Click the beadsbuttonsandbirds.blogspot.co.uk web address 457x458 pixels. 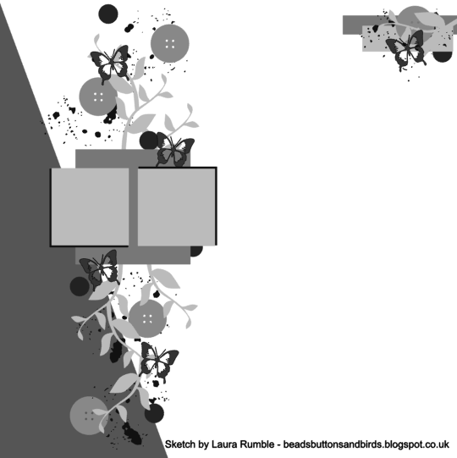click(x=366, y=444)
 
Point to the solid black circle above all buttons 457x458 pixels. click(x=108, y=14)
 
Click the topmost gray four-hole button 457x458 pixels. click(x=169, y=43)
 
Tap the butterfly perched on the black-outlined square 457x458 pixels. click(x=174, y=150)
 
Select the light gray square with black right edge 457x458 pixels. click(x=177, y=207)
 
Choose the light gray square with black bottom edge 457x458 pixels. click(x=90, y=207)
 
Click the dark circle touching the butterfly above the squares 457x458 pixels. click(x=148, y=140)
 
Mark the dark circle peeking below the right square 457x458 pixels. click(x=196, y=251)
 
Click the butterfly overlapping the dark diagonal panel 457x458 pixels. click(x=100, y=269)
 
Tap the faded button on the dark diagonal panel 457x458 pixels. click(x=89, y=416)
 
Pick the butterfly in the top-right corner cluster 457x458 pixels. click(x=405, y=50)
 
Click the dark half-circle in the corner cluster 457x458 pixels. click(x=442, y=57)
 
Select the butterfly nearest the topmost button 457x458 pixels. click(x=110, y=63)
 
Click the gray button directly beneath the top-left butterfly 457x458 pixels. click(x=98, y=97)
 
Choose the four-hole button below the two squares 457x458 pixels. click(x=147, y=318)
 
